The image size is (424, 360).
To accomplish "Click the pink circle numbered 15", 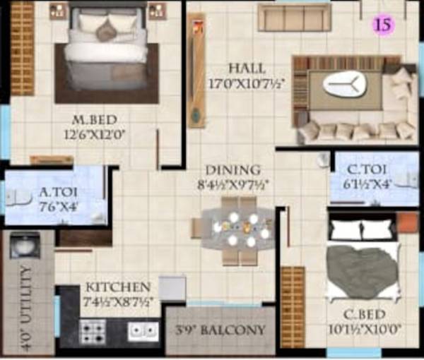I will tap(384, 25).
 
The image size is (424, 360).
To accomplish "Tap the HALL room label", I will tap(247, 68).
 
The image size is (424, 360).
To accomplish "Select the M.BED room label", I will tap(98, 118).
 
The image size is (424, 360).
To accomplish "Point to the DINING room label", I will tap(232, 171).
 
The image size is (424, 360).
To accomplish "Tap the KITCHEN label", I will tap(118, 287).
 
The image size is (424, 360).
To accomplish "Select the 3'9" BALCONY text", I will tap(221, 330).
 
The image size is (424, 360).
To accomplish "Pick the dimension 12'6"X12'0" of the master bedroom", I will tap(99, 132).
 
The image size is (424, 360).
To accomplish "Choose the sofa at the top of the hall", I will tap(294, 18).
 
